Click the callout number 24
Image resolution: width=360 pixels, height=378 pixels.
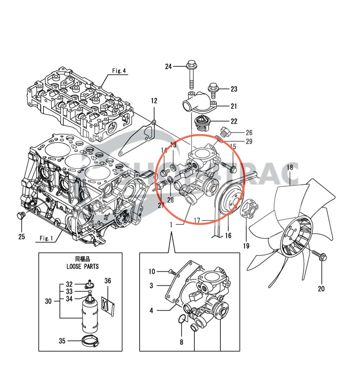point(168,66)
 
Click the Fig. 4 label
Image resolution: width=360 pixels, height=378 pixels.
point(119,71)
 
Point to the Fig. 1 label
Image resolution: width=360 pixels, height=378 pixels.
point(46,238)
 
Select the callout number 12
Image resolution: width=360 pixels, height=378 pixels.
point(154,101)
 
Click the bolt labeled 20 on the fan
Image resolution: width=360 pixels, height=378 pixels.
point(322,256)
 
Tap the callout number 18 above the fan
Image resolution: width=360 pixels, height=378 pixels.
point(290,167)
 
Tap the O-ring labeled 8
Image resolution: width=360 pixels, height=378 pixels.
point(183,318)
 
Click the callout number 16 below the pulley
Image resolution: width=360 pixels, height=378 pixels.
point(228,236)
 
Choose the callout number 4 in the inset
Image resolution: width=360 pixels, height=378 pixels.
point(151,310)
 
